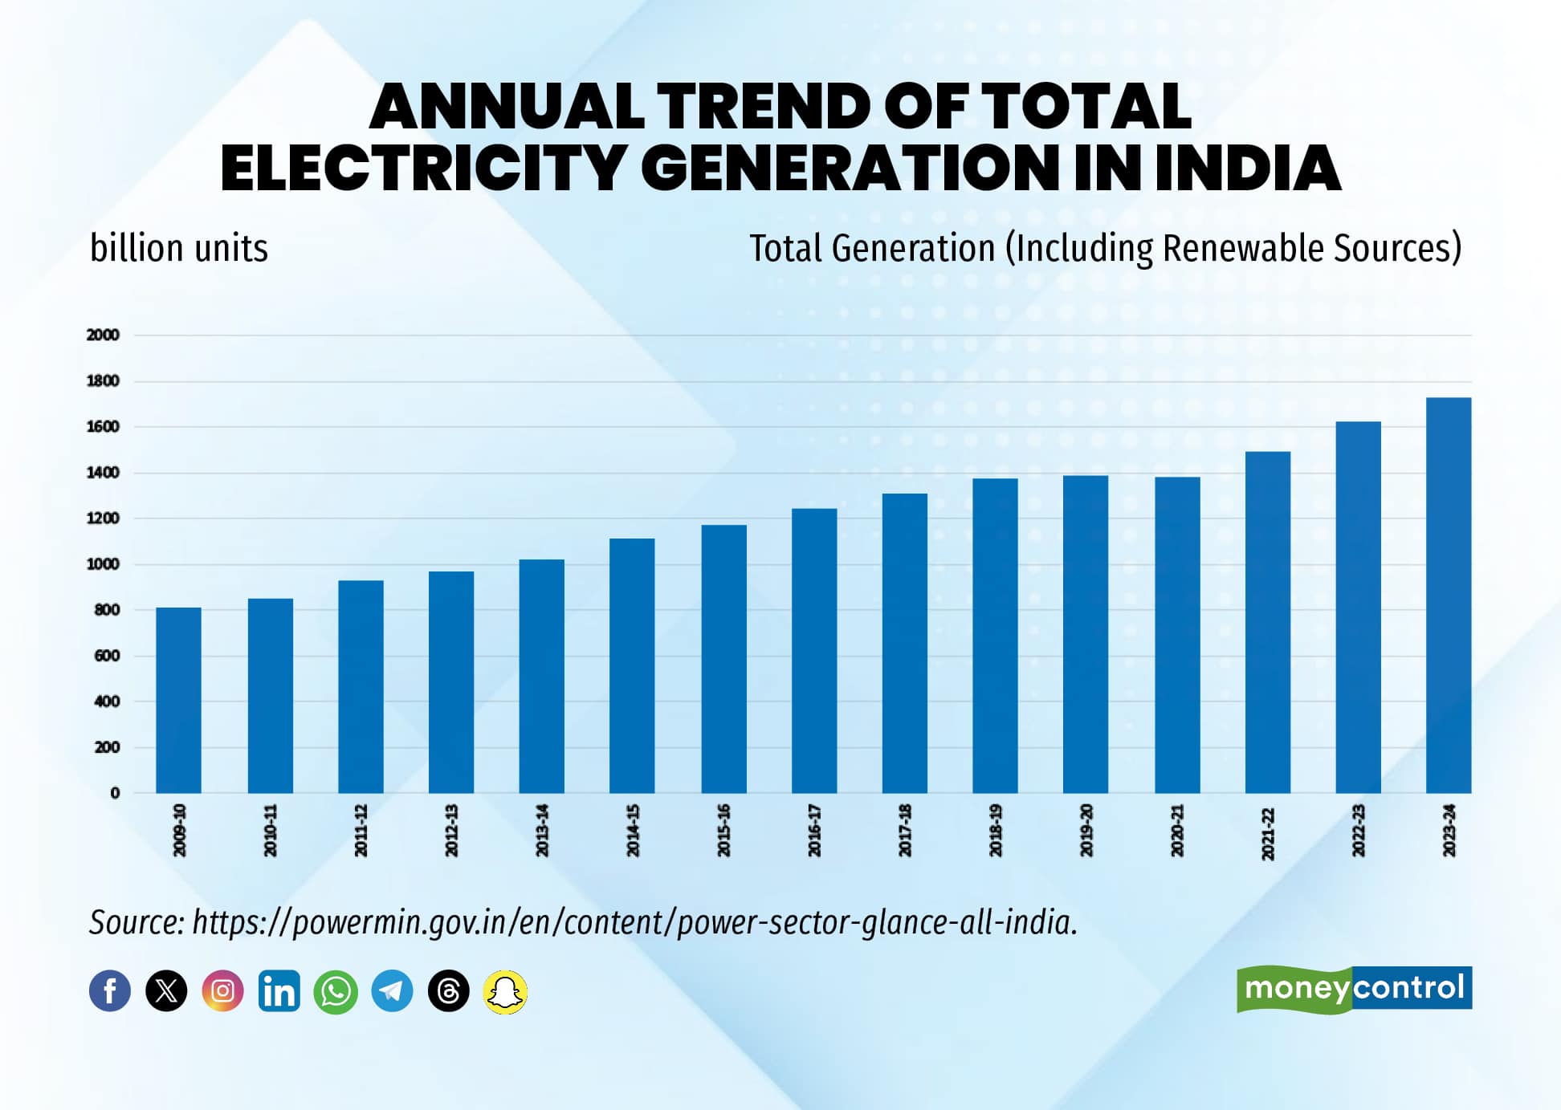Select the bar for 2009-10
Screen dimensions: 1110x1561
click(x=178, y=700)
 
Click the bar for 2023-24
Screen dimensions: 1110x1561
click(x=1448, y=595)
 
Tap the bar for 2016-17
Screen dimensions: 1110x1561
click(x=813, y=650)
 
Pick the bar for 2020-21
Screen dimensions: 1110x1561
click(x=1177, y=635)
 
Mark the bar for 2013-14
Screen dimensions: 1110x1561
click(x=541, y=676)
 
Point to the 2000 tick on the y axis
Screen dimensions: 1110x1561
click(x=103, y=335)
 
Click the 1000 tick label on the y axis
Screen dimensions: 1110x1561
click(x=103, y=564)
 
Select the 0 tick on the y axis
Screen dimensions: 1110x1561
click(x=115, y=793)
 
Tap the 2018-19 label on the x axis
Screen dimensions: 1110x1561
click(x=996, y=831)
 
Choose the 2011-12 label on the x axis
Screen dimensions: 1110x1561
click(x=361, y=831)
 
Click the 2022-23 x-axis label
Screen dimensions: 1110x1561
click(x=1359, y=831)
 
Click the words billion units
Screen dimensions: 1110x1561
click(x=179, y=249)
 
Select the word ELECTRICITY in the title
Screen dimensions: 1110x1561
click(x=423, y=169)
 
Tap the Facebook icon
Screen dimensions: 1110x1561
click(x=110, y=991)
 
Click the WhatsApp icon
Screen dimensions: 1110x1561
click(x=336, y=991)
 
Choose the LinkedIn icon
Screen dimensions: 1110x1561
click(x=279, y=991)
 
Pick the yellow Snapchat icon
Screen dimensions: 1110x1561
click(x=505, y=992)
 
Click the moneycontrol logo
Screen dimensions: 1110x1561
click(x=1354, y=989)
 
